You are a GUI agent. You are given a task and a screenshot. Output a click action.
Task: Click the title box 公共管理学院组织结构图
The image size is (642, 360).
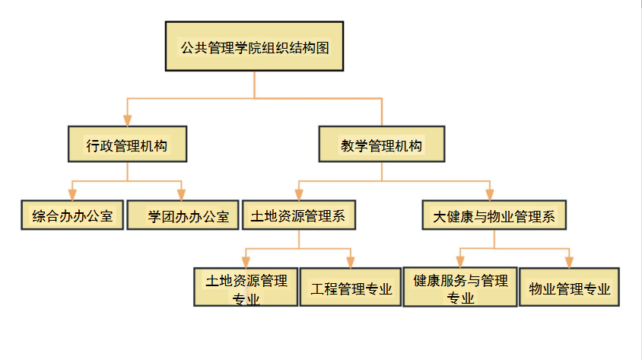pos(254,47)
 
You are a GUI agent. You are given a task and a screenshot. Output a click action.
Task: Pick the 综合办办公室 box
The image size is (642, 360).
pos(72,215)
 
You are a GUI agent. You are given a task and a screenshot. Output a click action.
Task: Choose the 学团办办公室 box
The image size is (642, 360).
pos(183,215)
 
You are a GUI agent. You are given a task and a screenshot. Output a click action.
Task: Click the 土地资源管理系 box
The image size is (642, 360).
pos(299,215)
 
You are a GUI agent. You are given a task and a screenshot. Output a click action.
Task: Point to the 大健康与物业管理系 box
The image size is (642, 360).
pos(494,216)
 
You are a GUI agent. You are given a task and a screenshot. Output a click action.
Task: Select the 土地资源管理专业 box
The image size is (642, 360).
pos(246,288)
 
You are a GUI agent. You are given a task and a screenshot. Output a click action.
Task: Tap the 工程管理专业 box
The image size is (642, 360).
pos(351,288)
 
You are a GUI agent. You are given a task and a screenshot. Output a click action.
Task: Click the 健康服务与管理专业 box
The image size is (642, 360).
pos(460,287)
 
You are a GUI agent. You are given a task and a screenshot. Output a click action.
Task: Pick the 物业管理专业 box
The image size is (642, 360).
pos(569,288)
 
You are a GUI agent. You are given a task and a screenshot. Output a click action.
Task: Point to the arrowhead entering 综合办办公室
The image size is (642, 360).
pos(72,194)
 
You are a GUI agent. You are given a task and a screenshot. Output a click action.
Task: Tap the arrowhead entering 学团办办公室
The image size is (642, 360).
pos(183,194)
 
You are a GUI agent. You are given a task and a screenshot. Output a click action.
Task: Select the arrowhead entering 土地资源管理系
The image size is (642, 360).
pos(299,194)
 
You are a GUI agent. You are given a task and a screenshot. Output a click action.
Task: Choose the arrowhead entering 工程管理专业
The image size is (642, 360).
pos(351,262)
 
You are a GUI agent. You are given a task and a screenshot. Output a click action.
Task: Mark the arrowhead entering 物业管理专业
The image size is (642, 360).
pos(569,262)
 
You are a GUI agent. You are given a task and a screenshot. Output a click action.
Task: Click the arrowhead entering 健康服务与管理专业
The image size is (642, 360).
pos(460,262)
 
